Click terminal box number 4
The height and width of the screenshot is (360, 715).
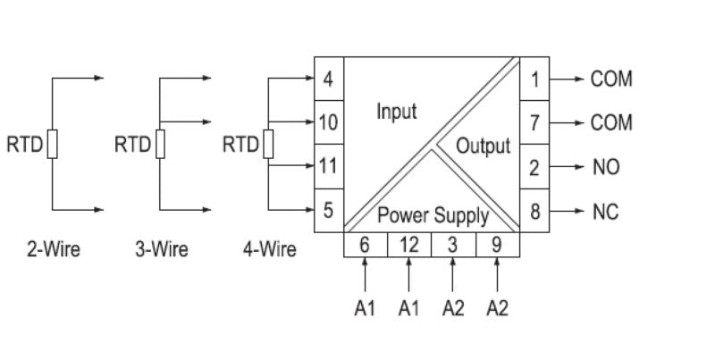(x=328, y=79)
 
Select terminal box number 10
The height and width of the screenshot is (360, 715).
(x=328, y=122)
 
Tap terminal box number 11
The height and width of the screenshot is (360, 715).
(x=328, y=166)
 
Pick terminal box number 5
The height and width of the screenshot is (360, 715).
(x=328, y=211)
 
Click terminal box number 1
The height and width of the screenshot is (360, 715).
(x=534, y=79)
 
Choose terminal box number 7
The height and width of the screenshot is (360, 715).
(x=534, y=122)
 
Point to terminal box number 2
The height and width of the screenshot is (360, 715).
(x=534, y=167)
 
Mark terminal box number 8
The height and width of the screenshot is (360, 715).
(x=534, y=212)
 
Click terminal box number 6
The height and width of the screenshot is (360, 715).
(x=366, y=245)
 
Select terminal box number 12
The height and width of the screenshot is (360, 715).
(x=408, y=245)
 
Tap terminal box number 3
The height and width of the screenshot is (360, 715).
(x=452, y=245)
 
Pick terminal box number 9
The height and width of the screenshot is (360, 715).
(x=496, y=245)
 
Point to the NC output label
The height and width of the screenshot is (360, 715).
(x=605, y=212)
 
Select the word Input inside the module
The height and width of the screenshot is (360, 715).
(x=396, y=113)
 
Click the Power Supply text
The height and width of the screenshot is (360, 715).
(x=433, y=215)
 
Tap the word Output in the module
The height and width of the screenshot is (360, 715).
(x=483, y=146)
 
